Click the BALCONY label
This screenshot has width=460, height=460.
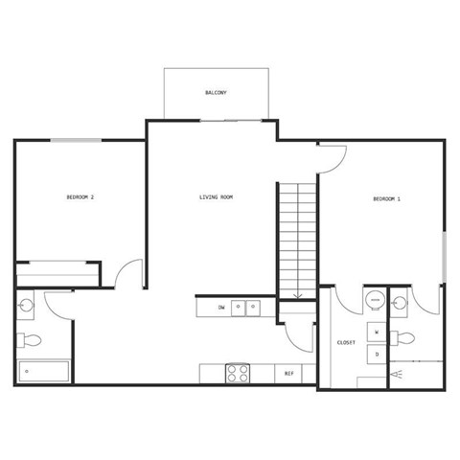(216, 93)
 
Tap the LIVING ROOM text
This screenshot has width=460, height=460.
(216, 197)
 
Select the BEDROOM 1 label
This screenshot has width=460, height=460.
(386, 198)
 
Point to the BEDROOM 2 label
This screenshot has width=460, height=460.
(80, 197)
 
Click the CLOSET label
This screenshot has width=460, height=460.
(347, 341)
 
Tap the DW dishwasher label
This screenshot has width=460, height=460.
(221, 308)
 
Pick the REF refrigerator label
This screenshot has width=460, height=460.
(289, 373)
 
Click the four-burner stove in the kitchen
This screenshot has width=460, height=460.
(237, 373)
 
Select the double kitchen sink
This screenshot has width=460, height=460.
(246, 308)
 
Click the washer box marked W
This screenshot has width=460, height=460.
(377, 332)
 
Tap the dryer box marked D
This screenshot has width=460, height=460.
(377, 354)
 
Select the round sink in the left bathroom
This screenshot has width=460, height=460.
(27, 306)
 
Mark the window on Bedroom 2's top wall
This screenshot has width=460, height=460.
(77, 140)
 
